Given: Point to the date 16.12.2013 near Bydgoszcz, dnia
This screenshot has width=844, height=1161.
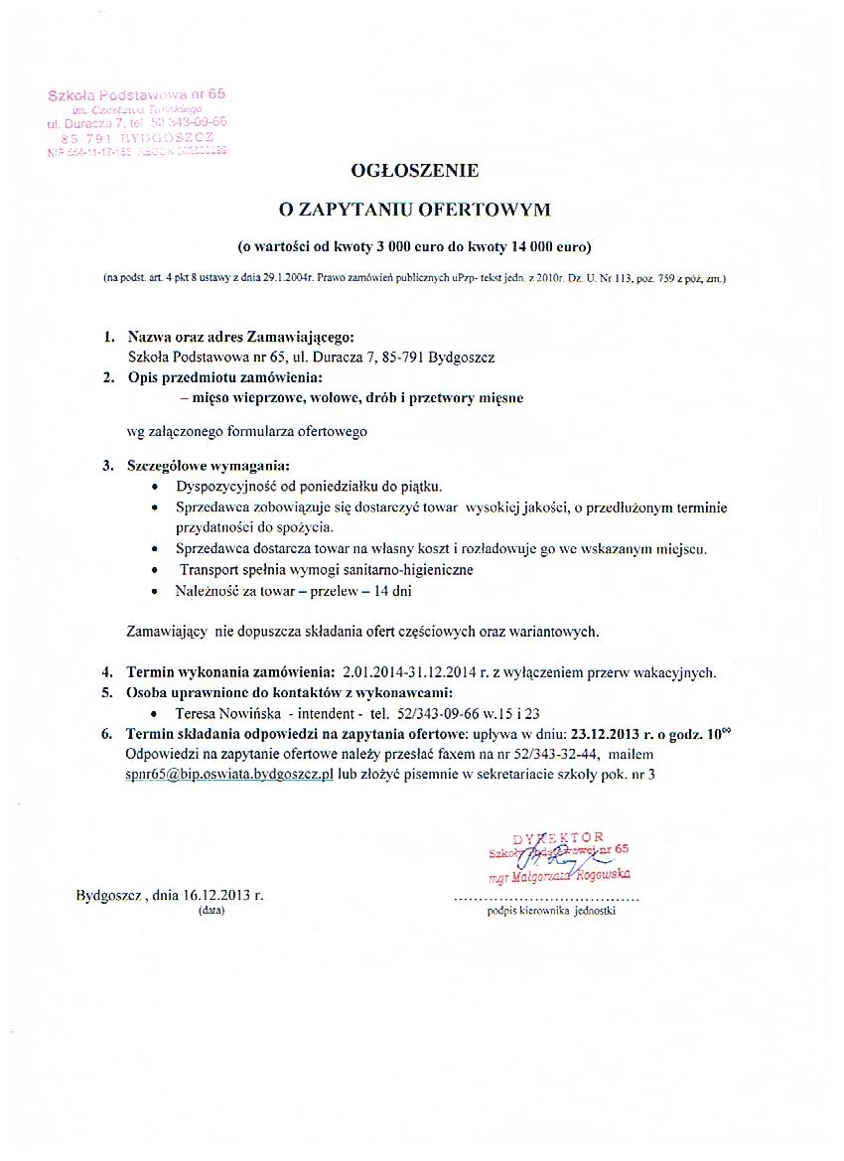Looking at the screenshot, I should coord(216,894).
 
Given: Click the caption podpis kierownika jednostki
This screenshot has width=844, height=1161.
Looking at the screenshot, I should coord(551,911).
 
